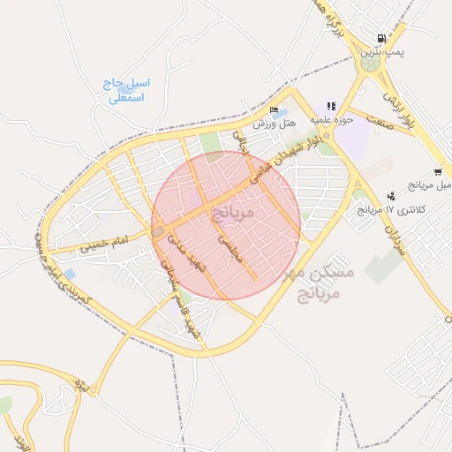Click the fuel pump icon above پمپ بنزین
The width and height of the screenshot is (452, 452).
381,39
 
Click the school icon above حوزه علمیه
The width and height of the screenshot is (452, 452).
332,106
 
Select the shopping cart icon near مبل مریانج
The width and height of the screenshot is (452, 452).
438,172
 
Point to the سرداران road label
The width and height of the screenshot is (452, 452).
394,237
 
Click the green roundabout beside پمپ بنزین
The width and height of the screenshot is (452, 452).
369,64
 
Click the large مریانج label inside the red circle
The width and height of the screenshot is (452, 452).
232,213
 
